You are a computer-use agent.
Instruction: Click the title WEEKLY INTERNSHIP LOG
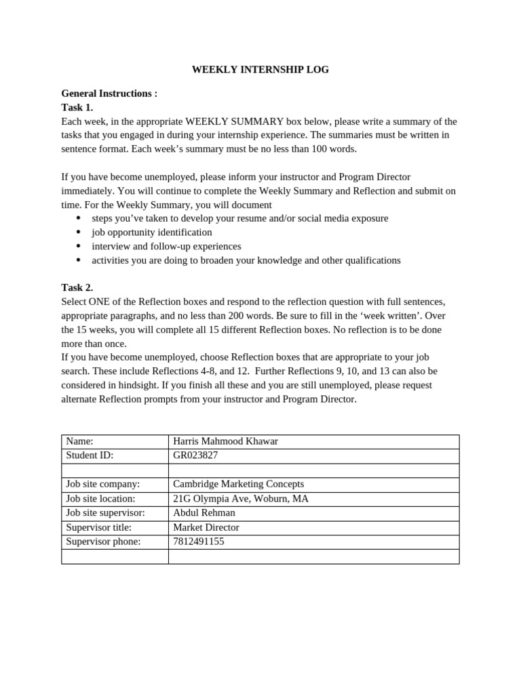coord(260,70)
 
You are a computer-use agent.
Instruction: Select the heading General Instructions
coord(109,94)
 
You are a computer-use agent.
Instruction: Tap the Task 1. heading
coord(77,107)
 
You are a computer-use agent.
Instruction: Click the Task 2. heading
coord(77,287)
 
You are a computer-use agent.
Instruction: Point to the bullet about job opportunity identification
coord(152,232)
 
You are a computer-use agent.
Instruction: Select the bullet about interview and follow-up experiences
coord(166,246)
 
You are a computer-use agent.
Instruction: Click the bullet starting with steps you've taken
coord(239,218)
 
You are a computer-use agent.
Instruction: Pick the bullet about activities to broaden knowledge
coord(246,260)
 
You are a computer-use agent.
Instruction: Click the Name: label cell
coord(79,441)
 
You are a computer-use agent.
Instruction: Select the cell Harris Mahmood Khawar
coord(225,441)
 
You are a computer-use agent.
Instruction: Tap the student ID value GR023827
coord(195,455)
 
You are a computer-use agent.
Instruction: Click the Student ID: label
coord(90,455)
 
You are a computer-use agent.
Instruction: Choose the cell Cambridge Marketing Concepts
coord(238,484)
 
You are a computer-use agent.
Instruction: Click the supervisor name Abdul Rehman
coord(204,513)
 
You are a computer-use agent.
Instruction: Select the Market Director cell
coord(206,527)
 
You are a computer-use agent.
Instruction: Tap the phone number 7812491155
coord(198,542)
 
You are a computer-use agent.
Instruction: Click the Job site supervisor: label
coord(106,513)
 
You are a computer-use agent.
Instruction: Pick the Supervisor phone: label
coord(103,542)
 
